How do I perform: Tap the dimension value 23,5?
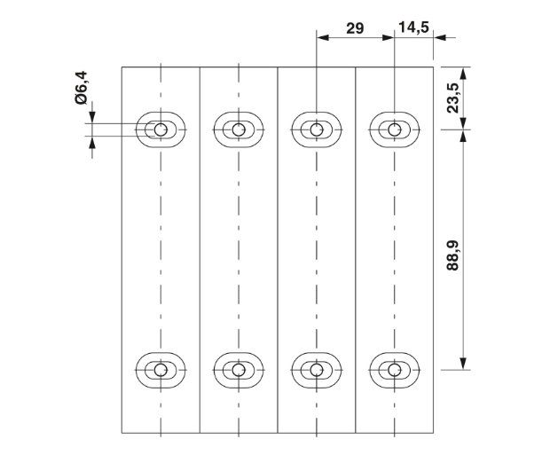click(452, 98)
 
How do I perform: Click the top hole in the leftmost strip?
click(161, 129)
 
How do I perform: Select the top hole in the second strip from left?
click(238, 129)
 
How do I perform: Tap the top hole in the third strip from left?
click(316, 129)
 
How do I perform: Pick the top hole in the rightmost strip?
click(394, 129)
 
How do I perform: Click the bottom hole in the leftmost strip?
click(161, 368)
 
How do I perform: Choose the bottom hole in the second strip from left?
click(238, 368)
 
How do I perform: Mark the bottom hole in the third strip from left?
click(316, 368)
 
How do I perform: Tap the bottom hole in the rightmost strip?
click(394, 368)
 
